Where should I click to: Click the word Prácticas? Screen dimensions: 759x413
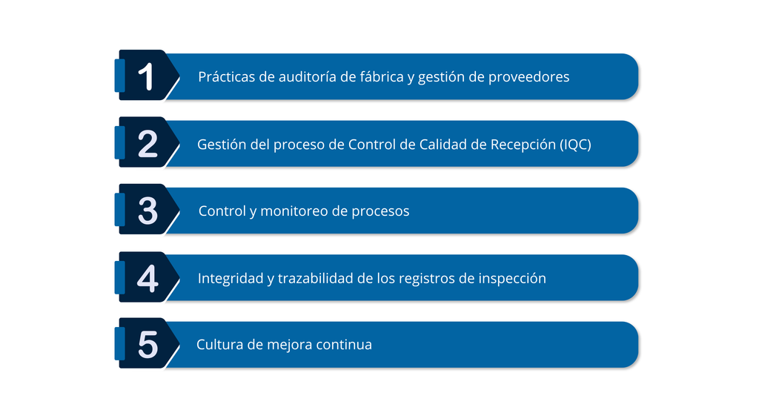tap(227, 76)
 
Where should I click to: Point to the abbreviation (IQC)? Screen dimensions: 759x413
tap(575, 145)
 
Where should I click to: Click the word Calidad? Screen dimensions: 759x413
tap(440, 145)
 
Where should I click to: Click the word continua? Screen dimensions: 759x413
tap(344, 345)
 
